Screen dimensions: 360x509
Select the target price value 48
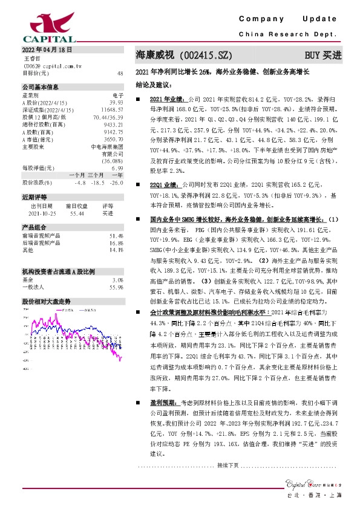[120, 73]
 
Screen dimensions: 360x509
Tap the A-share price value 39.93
[116, 103]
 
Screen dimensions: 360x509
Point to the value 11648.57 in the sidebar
[112, 109]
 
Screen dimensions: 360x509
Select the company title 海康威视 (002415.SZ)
[184, 54]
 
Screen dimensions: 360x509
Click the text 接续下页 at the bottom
[227, 465]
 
